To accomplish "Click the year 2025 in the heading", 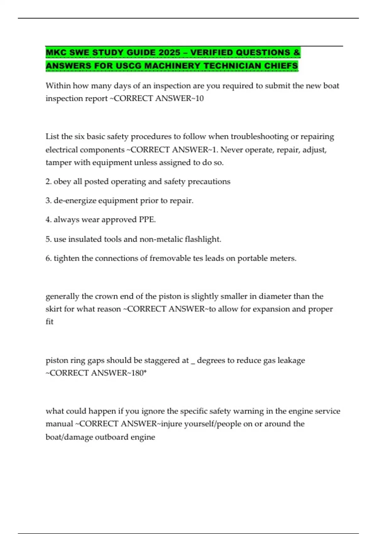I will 170,52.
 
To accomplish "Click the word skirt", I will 54,309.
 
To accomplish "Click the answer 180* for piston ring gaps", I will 138,373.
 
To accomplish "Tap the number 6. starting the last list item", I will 48,258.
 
